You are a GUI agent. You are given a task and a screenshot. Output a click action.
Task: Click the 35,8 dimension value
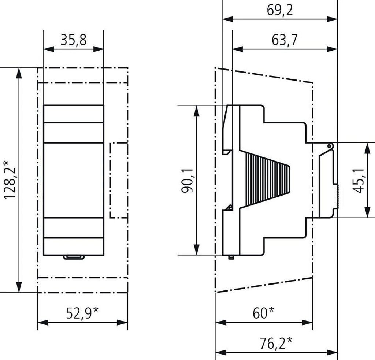pyautogui.click(x=73, y=40)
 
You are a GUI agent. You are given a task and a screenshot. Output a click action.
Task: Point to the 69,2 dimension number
pyautogui.click(x=280, y=10)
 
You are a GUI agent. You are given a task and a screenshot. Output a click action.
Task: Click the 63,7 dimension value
pyautogui.click(x=284, y=40)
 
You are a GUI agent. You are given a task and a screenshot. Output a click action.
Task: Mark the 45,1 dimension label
pyautogui.click(x=357, y=180)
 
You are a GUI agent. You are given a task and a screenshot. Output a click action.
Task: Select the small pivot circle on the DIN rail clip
pyautogui.click(x=330, y=146)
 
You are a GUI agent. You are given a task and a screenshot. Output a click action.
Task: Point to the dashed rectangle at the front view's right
pyautogui.click(x=119, y=180)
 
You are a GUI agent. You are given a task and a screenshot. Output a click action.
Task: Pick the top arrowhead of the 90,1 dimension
pyautogui.click(x=197, y=110)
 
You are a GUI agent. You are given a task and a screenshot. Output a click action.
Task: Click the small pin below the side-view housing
pyautogui.click(x=231, y=257)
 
